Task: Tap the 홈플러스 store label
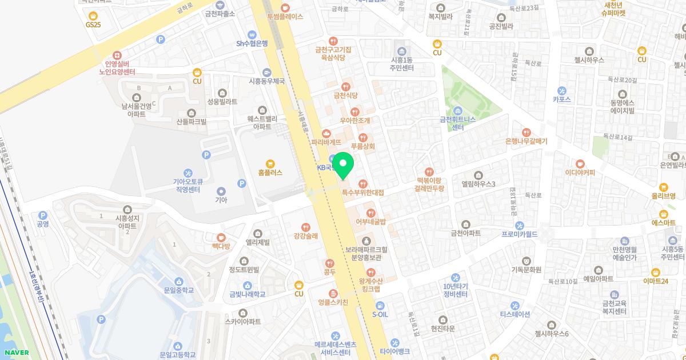click(x=270, y=172)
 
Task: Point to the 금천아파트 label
click(x=465, y=233)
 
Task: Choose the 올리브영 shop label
click(x=663, y=195)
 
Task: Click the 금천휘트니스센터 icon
click(x=457, y=110)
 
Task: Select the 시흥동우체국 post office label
click(x=266, y=81)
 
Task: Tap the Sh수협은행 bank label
click(x=252, y=43)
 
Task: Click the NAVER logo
click(x=16, y=353)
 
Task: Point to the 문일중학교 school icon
click(x=179, y=281)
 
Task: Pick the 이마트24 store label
click(x=656, y=281)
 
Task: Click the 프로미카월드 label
click(x=520, y=234)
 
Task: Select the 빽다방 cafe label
click(x=221, y=246)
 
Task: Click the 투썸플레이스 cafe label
click(x=285, y=17)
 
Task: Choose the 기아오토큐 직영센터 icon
click(x=188, y=173)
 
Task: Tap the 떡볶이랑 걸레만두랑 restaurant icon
click(x=430, y=171)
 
